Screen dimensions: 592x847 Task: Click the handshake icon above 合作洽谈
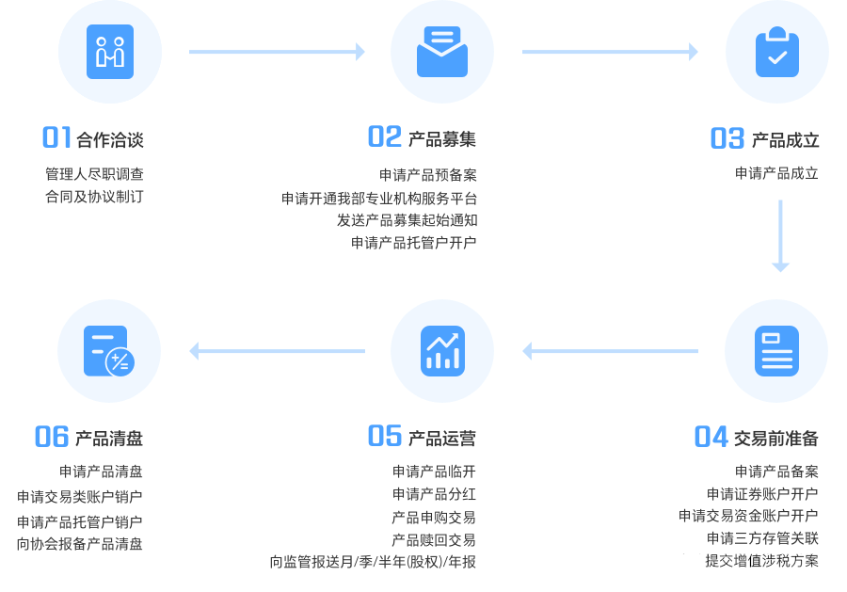click(x=110, y=52)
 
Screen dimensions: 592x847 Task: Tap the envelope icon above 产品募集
click(x=442, y=52)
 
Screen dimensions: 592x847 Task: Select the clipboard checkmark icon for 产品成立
click(x=776, y=52)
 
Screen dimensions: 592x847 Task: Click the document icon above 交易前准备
click(x=776, y=351)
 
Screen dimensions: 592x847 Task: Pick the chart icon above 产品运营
click(x=442, y=351)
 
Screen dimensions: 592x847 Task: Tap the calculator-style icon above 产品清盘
click(x=109, y=351)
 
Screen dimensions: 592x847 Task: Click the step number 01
click(x=56, y=138)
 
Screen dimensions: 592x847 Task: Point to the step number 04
click(x=711, y=437)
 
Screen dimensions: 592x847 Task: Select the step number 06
click(x=52, y=437)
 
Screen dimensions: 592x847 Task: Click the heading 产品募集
click(x=442, y=139)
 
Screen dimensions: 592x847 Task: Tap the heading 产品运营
click(x=442, y=438)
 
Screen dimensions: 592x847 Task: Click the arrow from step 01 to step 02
click(x=277, y=52)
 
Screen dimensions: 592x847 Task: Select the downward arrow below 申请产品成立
click(x=780, y=235)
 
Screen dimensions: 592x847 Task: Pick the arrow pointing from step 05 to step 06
click(x=277, y=351)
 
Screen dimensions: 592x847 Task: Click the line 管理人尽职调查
click(x=94, y=174)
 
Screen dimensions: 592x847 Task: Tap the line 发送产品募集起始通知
click(x=408, y=220)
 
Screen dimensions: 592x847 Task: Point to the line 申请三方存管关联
click(x=762, y=538)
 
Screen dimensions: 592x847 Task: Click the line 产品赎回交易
click(x=434, y=539)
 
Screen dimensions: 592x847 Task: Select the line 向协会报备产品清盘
click(x=80, y=544)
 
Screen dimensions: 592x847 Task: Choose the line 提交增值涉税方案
click(x=762, y=561)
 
